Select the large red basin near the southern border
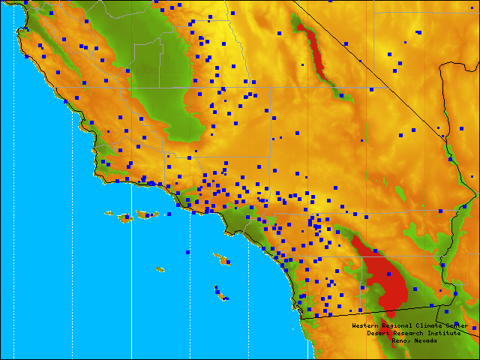386,277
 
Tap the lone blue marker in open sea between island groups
188,253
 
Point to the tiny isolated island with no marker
160,269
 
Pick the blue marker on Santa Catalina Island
227,262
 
